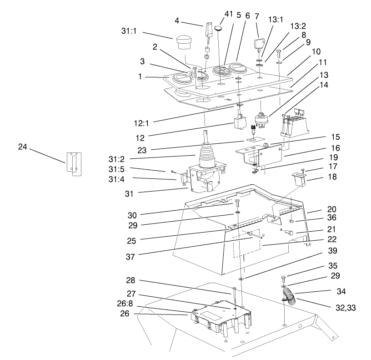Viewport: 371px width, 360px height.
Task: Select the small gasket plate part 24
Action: pyautogui.click(x=73, y=163)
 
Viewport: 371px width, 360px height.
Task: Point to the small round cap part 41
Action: pyautogui.click(x=220, y=28)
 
